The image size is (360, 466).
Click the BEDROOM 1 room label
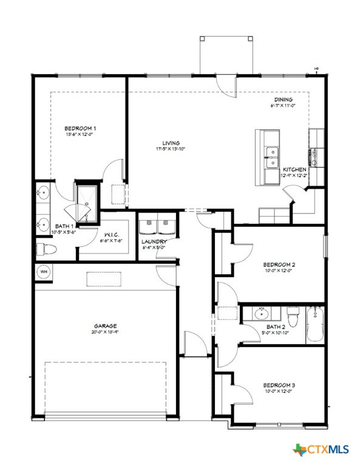(80, 128)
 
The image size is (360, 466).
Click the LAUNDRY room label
(154, 241)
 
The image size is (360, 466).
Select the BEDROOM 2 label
(279, 265)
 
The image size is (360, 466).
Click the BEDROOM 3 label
(279, 385)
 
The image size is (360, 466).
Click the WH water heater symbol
(44, 271)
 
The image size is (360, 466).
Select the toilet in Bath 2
(293, 316)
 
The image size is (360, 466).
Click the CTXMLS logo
(322, 450)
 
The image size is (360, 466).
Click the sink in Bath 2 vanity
(262, 314)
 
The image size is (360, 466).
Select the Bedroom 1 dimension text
(80, 135)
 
